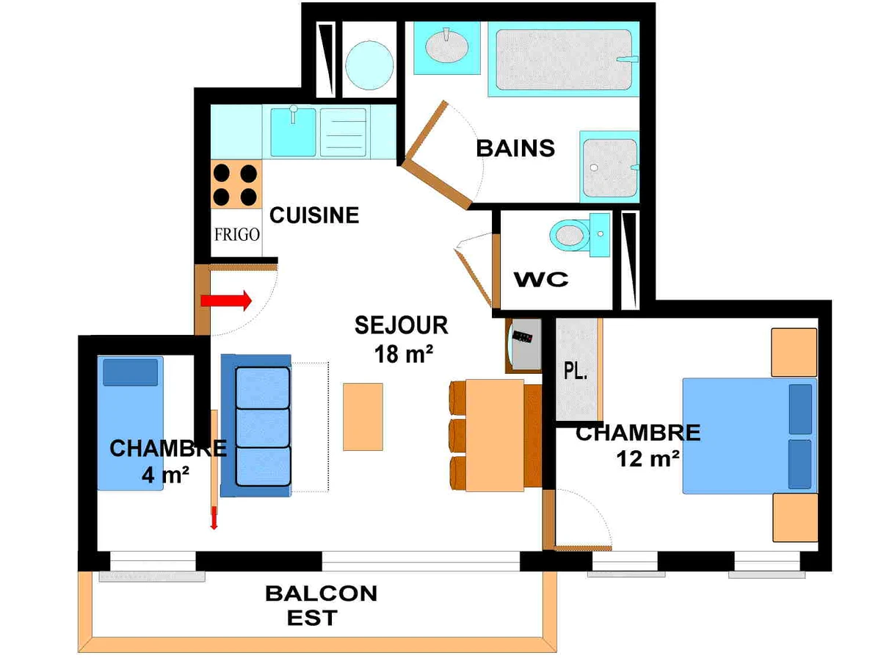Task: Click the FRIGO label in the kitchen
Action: [236, 235]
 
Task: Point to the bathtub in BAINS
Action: [562, 60]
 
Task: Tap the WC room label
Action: [540, 280]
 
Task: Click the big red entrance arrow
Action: [226, 300]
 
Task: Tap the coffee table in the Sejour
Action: [363, 416]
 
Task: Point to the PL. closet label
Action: [575, 372]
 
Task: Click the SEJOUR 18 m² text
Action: [401, 339]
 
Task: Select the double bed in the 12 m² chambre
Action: [749, 435]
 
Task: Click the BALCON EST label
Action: [321, 604]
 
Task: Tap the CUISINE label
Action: [314, 215]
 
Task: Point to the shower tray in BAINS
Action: [609, 165]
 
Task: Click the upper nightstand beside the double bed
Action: [794, 352]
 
